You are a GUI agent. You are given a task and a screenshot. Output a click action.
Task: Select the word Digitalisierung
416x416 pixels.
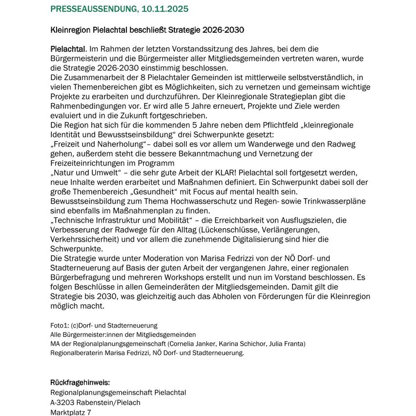263,239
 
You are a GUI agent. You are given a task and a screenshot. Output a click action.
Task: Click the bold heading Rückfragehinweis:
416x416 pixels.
80,382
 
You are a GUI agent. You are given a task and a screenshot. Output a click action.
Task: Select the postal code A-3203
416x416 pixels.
62,402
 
